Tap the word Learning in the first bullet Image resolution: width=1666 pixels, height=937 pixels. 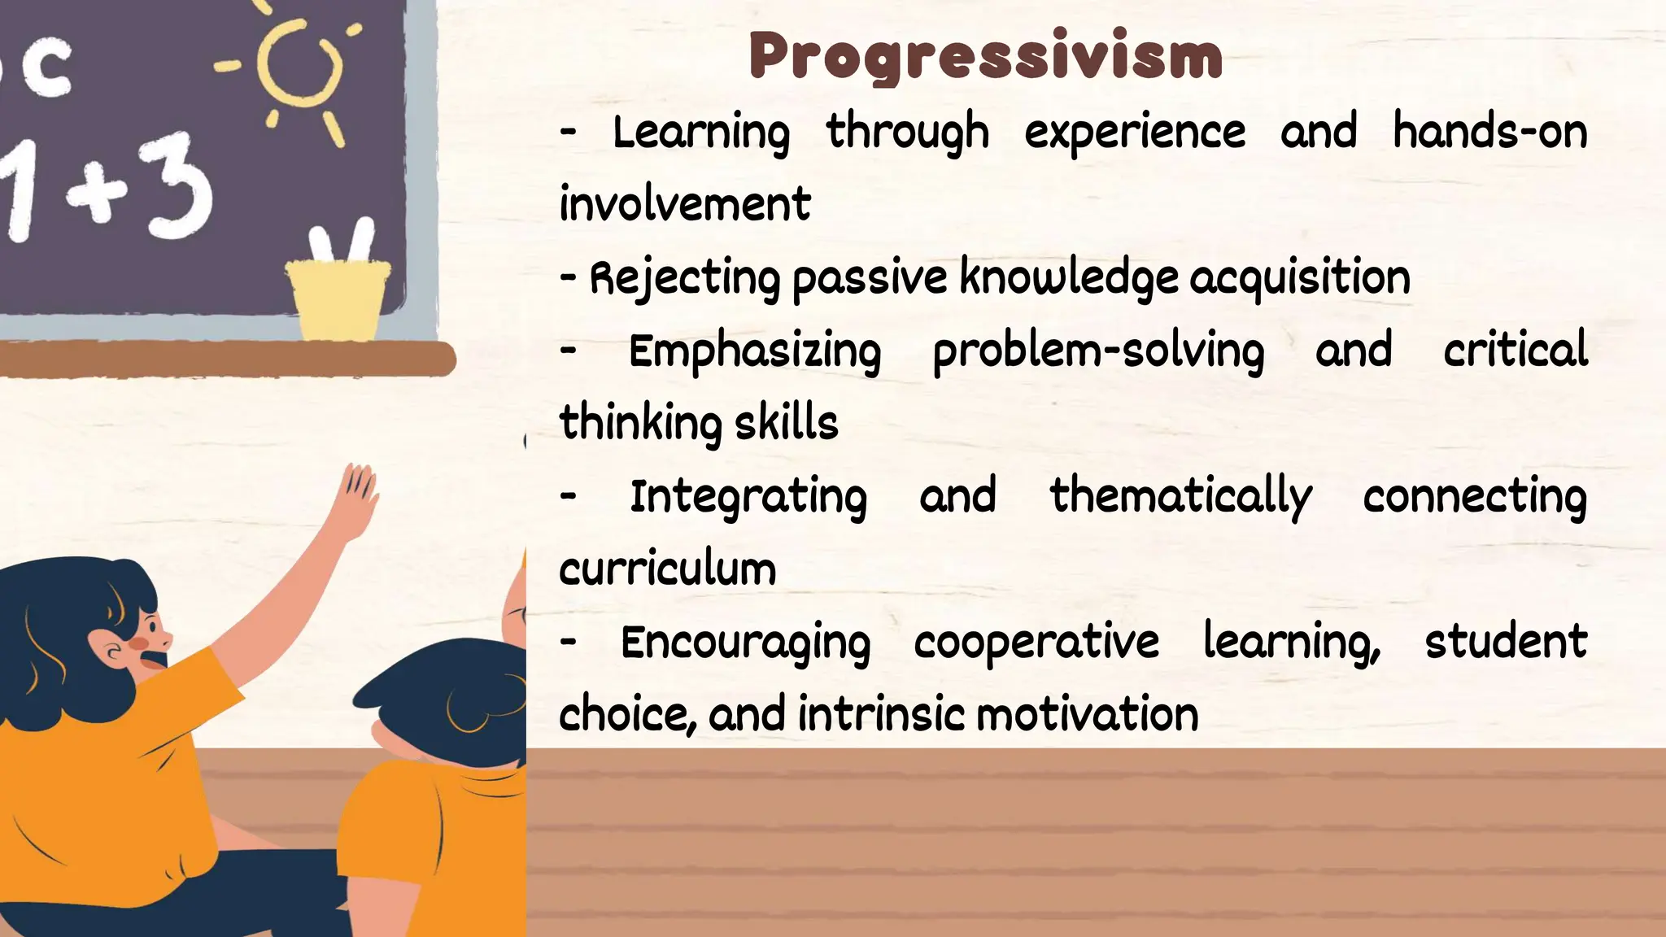coord(700,133)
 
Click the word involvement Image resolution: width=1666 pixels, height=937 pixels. coord(685,203)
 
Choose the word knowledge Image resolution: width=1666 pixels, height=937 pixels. coord(1068,277)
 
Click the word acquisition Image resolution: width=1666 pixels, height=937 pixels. coord(1299,277)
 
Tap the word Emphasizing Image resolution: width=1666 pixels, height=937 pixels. coord(755,351)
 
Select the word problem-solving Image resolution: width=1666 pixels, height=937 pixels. coord(1098,351)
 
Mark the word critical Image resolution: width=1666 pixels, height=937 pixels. coord(1516,350)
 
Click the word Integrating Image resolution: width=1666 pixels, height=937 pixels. coord(748,497)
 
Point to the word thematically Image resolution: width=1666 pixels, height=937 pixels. coord(1180,497)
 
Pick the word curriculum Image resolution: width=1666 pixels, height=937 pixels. coord(668,568)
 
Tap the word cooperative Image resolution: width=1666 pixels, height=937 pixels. coord(1036,642)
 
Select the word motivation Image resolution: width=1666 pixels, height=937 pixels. coord(1087,714)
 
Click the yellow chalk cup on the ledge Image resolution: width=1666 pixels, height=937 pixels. coord(337,297)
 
